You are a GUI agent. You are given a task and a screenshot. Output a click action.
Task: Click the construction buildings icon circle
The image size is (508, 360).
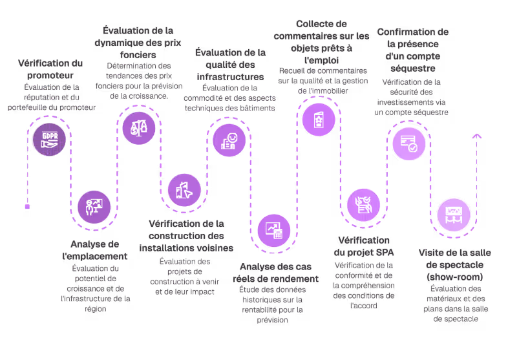(x=184, y=190)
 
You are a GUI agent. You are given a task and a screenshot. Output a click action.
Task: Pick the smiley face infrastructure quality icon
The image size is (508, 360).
(x=229, y=140)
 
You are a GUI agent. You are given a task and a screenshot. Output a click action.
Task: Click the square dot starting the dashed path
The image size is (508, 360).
(x=27, y=207)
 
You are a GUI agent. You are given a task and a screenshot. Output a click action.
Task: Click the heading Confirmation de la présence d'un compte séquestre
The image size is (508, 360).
(x=412, y=49)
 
